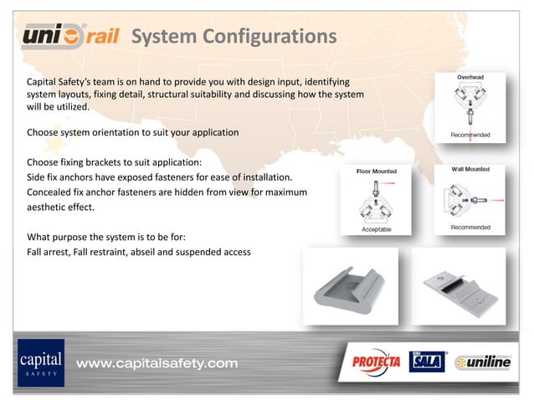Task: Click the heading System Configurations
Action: pyautogui.click(x=234, y=37)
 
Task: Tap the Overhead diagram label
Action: pyautogui.click(x=470, y=77)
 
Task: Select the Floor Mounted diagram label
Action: pyautogui.click(x=377, y=171)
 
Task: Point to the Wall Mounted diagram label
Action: pyautogui.click(x=470, y=169)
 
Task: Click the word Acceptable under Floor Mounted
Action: pyautogui.click(x=376, y=228)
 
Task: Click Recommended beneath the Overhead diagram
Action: pyautogui.click(x=470, y=135)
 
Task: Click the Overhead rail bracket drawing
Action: pyautogui.click(x=470, y=105)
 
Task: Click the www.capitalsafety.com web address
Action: pyautogui.click(x=157, y=363)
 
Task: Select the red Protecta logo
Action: pyautogui.click(x=375, y=362)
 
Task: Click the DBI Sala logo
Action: pyautogui.click(x=426, y=362)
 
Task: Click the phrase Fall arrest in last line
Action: pyautogui.click(x=49, y=252)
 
